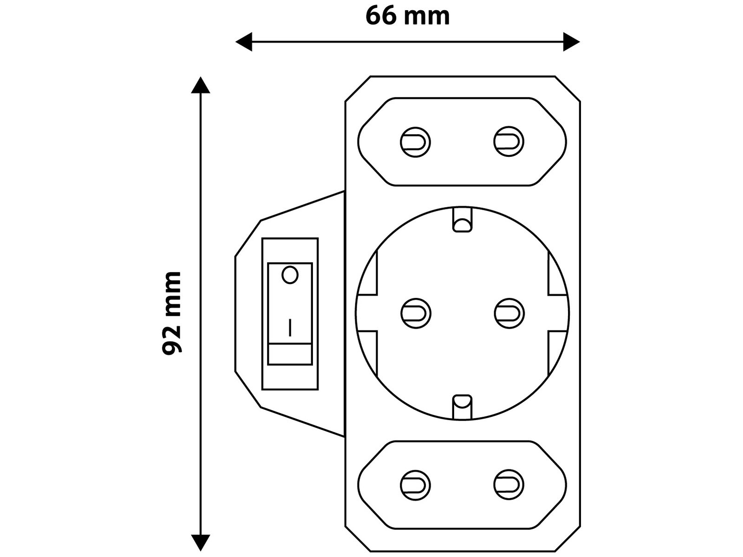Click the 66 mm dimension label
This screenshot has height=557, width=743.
point(407,16)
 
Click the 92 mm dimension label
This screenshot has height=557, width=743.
point(171,312)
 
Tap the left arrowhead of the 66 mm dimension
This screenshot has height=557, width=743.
point(243,42)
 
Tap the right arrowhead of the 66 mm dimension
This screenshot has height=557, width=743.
point(572,42)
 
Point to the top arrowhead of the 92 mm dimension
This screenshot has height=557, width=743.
point(200,85)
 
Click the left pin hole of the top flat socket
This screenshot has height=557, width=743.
point(415,142)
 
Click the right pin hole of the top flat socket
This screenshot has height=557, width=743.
point(508,142)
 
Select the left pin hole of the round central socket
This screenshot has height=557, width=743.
point(416,313)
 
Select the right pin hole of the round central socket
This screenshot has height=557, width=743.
point(509,313)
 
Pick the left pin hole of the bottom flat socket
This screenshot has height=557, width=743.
point(415,485)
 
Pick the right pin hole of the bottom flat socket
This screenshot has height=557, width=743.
point(508,485)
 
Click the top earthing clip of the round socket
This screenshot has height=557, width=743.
point(462,220)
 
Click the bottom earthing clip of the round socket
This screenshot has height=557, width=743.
point(462,407)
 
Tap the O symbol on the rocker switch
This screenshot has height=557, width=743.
point(290,275)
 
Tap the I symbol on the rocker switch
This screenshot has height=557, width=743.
point(290,327)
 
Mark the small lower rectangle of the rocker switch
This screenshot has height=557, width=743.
point(290,354)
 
